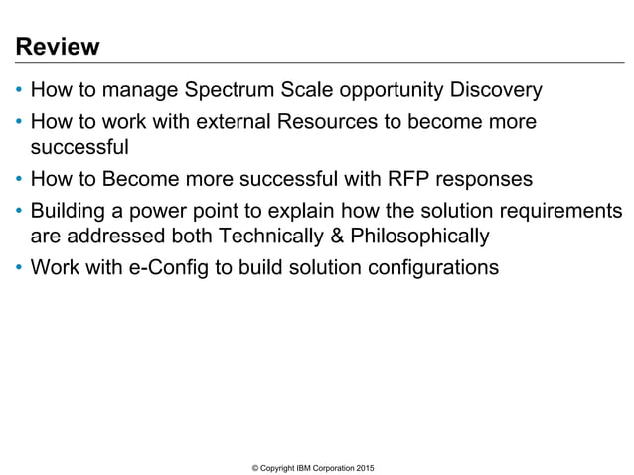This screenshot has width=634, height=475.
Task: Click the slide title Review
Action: click(x=57, y=47)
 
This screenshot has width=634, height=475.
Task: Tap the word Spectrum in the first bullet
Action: click(x=227, y=92)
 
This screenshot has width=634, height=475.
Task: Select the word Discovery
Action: click(x=494, y=92)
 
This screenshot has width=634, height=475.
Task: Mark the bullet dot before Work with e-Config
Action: click(x=20, y=266)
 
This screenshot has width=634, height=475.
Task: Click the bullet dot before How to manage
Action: click(x=20, y=92)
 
